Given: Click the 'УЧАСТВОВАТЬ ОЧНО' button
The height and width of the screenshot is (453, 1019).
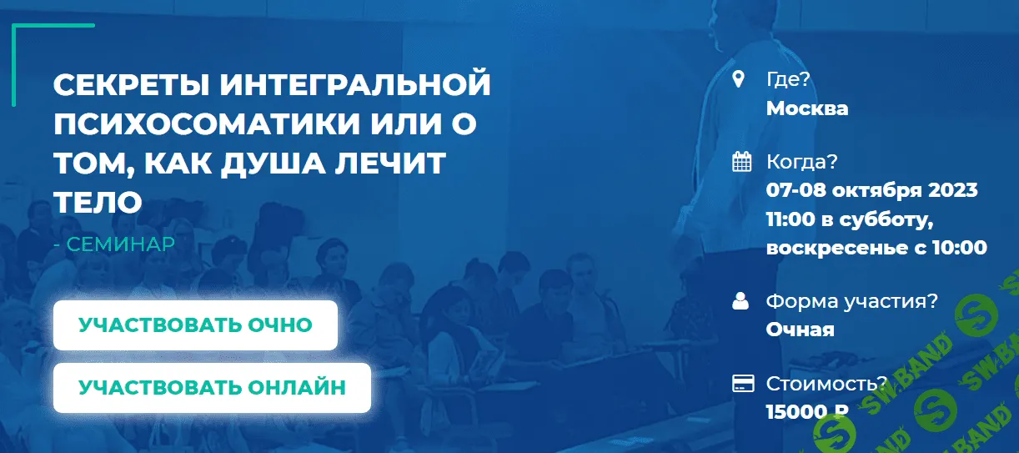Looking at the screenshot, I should point(195,325).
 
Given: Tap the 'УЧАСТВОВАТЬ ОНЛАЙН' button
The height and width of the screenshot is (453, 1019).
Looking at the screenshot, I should point(212,387).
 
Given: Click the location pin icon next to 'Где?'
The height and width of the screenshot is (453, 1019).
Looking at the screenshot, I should point(738,80).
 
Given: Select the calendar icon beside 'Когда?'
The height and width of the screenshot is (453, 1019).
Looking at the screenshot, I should point(741,162).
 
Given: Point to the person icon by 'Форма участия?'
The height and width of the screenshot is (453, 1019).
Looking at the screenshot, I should point(740,301).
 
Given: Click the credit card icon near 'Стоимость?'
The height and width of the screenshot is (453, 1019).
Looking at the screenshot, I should point(742,384).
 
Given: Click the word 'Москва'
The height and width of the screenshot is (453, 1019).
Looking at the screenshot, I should point(807,108).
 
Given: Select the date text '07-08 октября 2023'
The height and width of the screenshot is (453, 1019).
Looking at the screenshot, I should point(871,190).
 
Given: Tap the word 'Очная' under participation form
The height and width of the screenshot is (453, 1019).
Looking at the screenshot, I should point(800,330).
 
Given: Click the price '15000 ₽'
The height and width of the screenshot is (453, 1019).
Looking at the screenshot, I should point(807,410).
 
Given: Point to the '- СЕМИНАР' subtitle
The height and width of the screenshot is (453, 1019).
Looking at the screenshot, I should point(113,244).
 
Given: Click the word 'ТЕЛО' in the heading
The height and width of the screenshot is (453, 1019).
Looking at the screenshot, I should point(98,201).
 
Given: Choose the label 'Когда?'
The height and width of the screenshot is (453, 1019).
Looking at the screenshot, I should point(801,162).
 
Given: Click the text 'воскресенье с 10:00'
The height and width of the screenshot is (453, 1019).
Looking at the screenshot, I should point(876,248).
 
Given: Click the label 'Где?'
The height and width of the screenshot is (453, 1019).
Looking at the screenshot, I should point(788,80).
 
